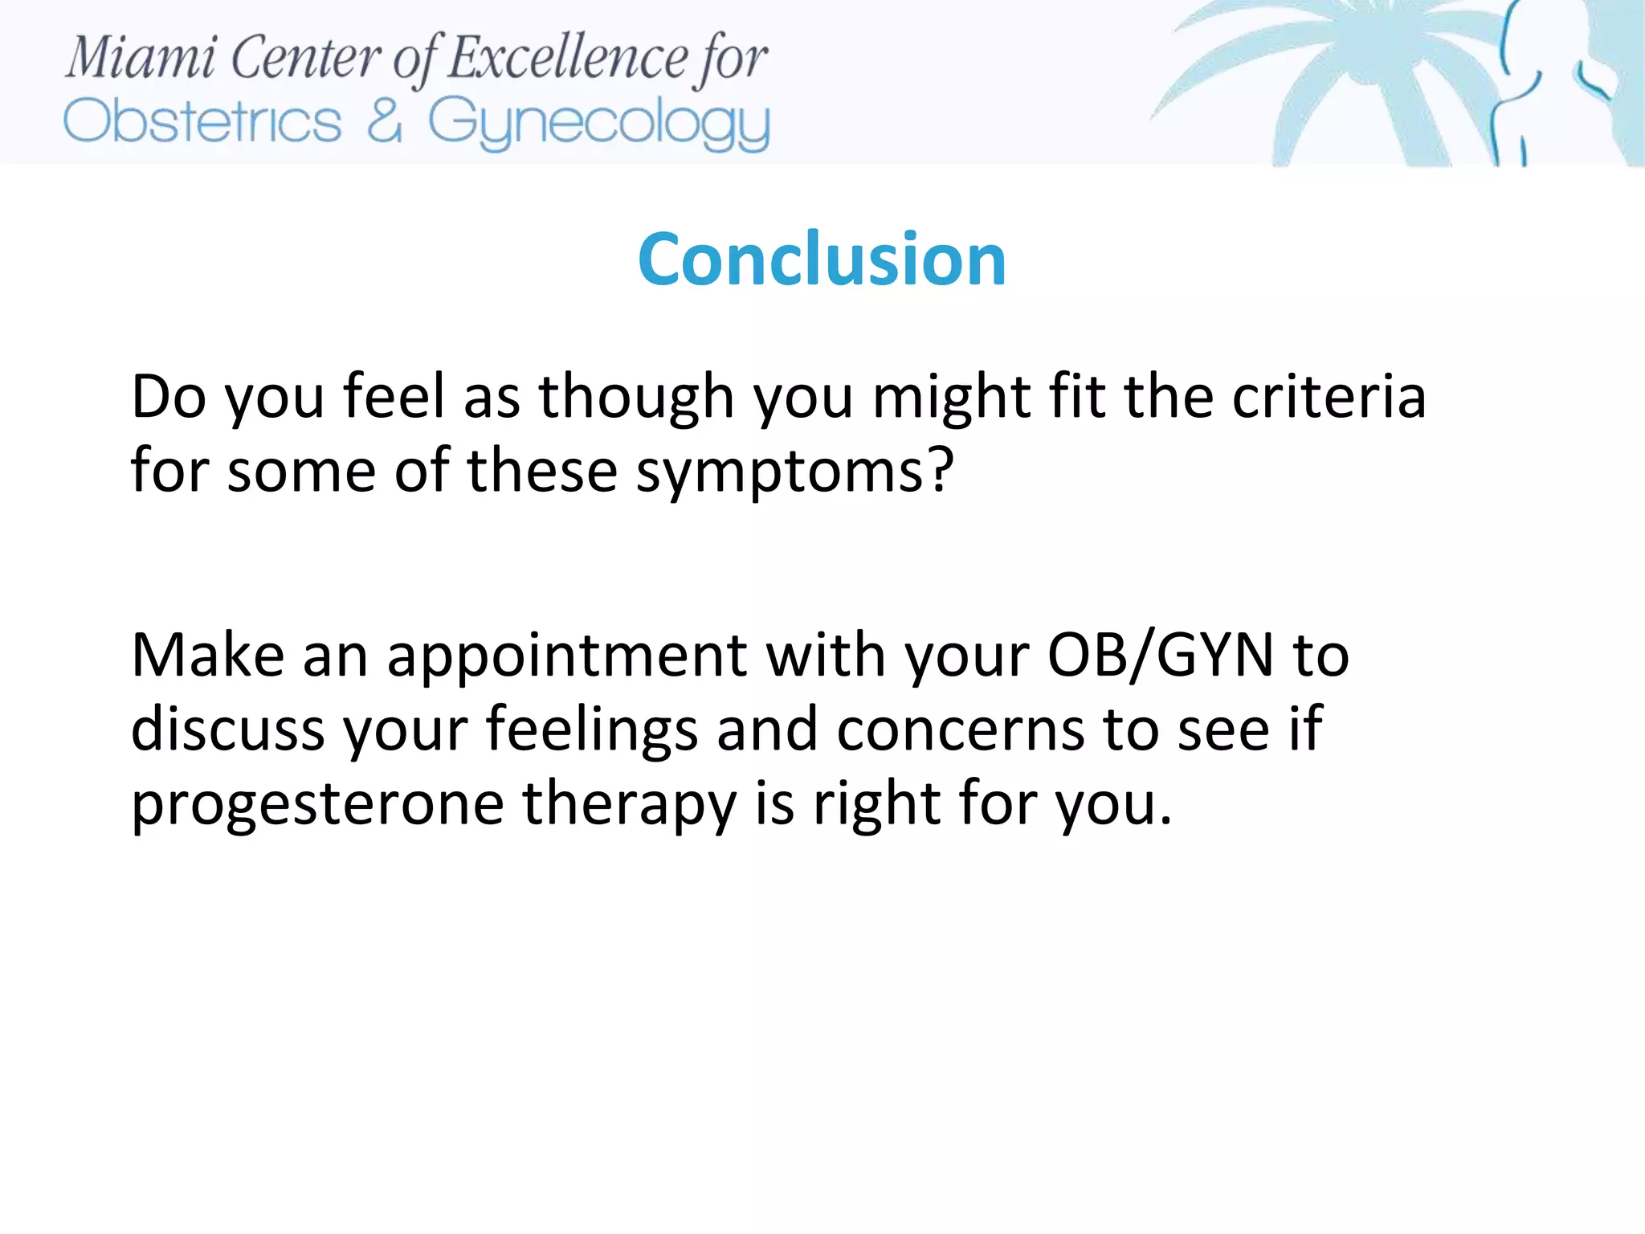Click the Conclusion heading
[x=821, y=259]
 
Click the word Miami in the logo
[x=141, y=58]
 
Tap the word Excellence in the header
[x=567, y=58]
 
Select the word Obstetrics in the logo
[x=202, y=122]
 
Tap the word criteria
[x=1329, y=397]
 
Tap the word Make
[x=207, y=656]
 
